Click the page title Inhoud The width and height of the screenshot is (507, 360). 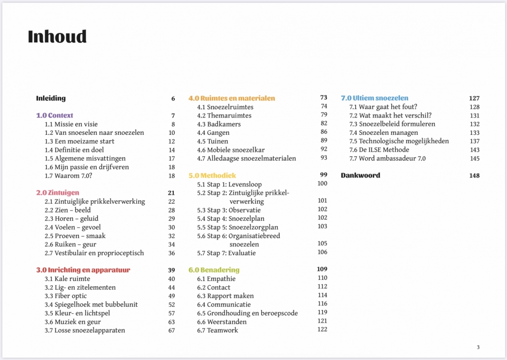pos(57,36)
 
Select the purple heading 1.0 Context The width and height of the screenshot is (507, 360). pos(55,116)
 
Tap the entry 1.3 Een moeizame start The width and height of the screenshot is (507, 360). pos(79,141)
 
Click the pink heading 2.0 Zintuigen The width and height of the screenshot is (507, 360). pos(58,193)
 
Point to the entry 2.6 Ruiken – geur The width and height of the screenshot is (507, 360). pos(70,244)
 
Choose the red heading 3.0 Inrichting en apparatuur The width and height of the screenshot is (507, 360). pos(83,270)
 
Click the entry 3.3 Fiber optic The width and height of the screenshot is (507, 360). pos(65,296)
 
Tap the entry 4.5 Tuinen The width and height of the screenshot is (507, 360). pos(211,141)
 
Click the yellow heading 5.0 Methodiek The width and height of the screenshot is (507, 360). pos(212,176)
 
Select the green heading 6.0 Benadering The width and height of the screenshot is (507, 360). pos(214,270)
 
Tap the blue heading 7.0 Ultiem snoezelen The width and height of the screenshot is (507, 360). pos(375,98)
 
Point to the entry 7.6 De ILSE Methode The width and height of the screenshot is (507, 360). pos(379,150)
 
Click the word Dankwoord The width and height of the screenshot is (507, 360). pos(360,176)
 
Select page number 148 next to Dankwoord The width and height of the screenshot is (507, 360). pos(474,176)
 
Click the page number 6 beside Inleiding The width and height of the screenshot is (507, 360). pos(173,98)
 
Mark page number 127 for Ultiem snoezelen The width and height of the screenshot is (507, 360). pos(474,98)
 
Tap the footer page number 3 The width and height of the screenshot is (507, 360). pos(478,347)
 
